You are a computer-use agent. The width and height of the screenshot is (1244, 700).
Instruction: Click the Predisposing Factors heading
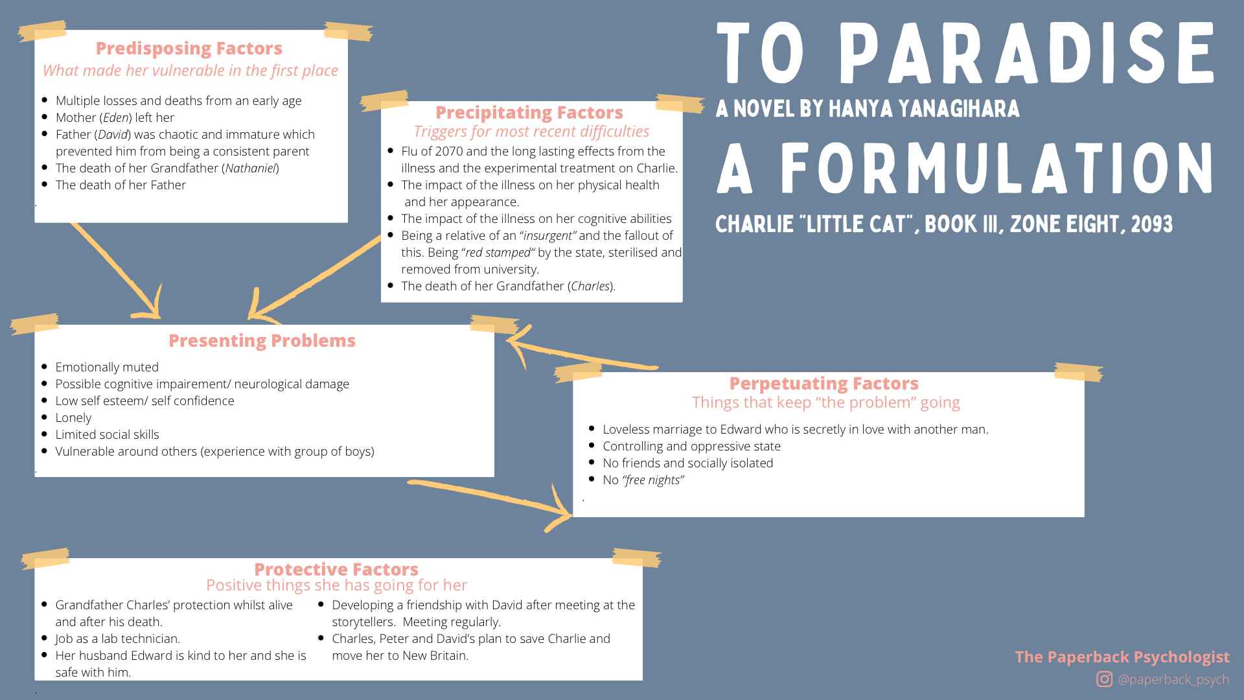[189, 49]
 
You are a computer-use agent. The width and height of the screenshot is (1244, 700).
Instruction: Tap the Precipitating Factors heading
[529, 113]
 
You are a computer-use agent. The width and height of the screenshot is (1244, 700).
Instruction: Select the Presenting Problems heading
[262, 341]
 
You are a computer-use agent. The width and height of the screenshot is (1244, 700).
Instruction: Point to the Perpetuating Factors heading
[824, 384]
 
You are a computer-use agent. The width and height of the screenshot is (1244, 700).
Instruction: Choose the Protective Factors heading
[336, 570]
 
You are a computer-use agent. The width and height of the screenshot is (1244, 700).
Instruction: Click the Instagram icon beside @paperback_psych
[1104, 679]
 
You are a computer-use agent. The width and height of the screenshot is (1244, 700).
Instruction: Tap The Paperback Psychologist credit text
[1122, 657]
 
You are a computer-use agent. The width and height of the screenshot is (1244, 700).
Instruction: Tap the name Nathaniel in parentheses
[250, 169]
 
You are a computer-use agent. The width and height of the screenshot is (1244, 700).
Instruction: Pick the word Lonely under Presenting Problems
[73, 418]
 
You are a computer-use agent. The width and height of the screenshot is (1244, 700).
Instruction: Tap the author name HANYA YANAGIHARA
[924, 109]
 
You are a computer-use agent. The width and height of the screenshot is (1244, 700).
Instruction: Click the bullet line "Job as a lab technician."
[117, 639]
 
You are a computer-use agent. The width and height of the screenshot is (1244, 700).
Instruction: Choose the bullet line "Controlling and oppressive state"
[691, 447]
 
